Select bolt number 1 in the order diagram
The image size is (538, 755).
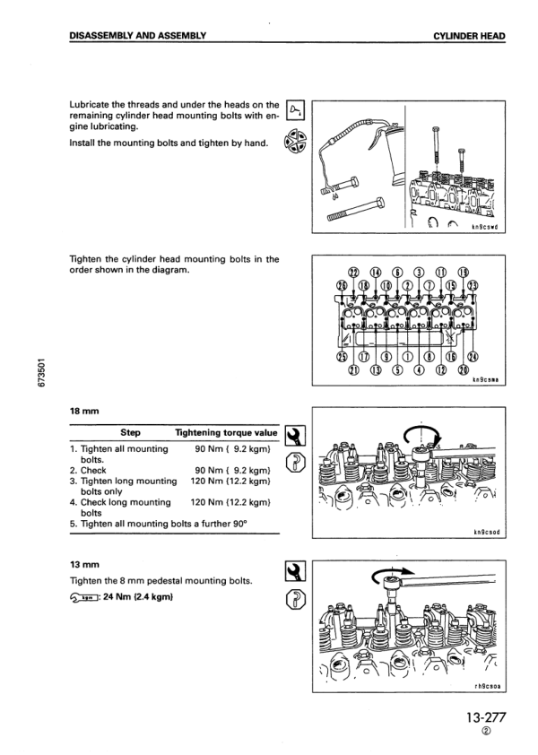click(399, 355)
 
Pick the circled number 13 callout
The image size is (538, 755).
click(377, 370)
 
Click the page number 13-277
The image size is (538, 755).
click(486, 719)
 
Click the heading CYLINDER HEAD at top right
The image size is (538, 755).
click(468, 36)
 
